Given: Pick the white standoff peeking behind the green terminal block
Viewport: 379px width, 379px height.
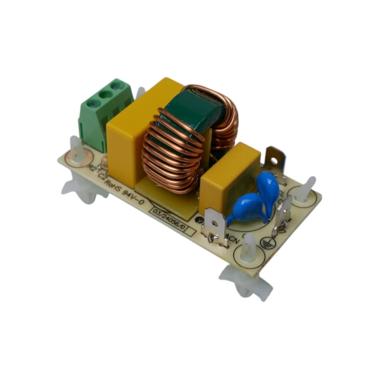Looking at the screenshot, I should [x=140, y=93].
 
